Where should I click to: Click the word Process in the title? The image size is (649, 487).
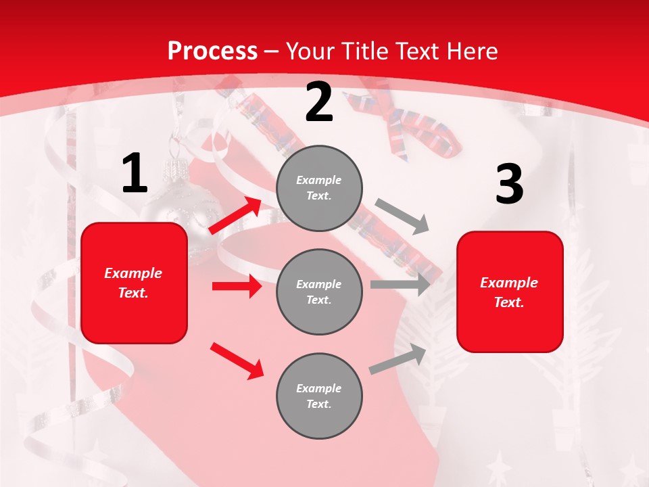[x=212, y=51]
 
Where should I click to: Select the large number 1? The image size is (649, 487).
[x=135, y=174]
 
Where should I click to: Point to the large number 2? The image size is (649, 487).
[x=319, y=103]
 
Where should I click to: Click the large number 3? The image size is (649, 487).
[x=509, y=184]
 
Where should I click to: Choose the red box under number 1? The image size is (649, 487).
[x=134, y=283]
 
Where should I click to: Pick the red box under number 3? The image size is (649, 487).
[x=510, y=292]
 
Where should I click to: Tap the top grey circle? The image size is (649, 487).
[x=319, y=188]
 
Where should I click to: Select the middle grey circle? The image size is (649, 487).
[x=319, y=292]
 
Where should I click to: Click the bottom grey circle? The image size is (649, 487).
[x=319, y=396]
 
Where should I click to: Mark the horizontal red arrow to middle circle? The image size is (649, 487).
[x=237, y=286]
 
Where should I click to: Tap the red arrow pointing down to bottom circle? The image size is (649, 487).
[x=237, y=361]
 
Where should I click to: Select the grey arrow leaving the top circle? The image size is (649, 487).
[x=402, y=216]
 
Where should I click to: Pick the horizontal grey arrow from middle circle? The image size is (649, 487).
[x=400, y=284]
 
